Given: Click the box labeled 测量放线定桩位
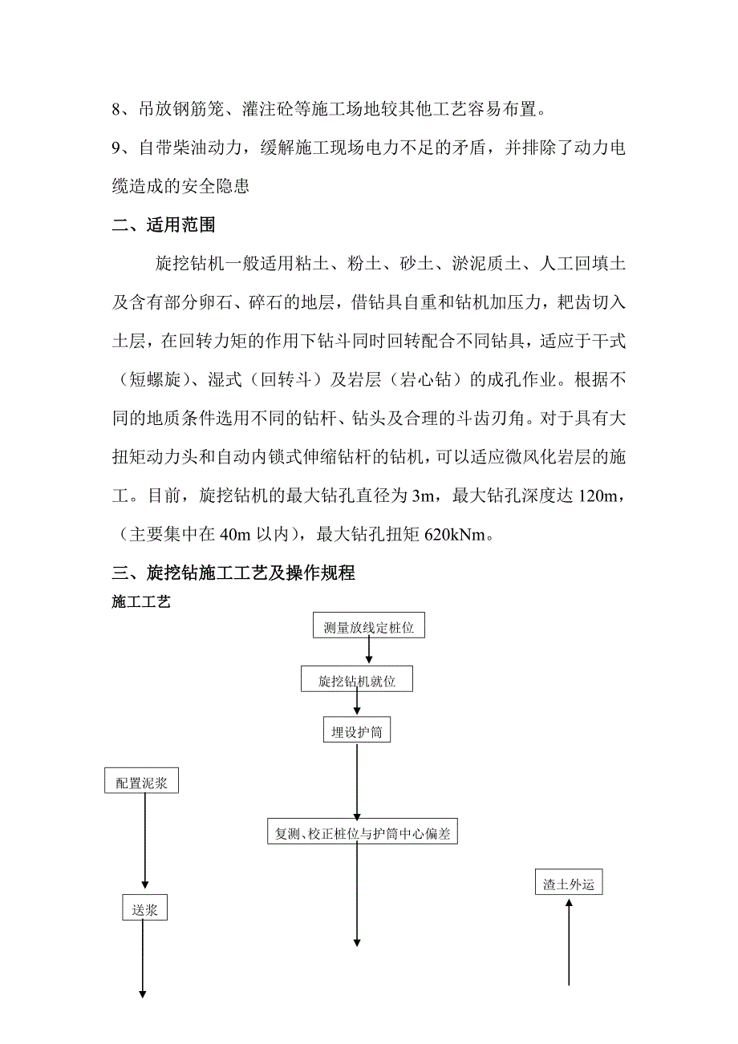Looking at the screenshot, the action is point(368,627).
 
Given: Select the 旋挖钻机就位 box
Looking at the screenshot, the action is point(358,681).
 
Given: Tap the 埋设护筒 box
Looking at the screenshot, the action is point(357,730).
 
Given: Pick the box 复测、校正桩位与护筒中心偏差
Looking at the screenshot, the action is point(363,833).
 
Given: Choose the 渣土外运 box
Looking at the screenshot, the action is point(568,884).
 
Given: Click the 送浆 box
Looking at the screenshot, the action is point(144,908).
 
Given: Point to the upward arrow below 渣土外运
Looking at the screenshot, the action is point(569,942).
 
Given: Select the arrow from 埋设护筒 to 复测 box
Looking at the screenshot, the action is point(357,782).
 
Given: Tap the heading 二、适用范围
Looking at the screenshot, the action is point(164,226).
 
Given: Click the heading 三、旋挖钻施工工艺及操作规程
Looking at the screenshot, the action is point(233,573).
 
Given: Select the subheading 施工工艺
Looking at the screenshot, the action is point(141,601).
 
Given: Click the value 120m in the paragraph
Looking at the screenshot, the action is point(600,496).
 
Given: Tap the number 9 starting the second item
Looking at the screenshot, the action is point(116,148).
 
